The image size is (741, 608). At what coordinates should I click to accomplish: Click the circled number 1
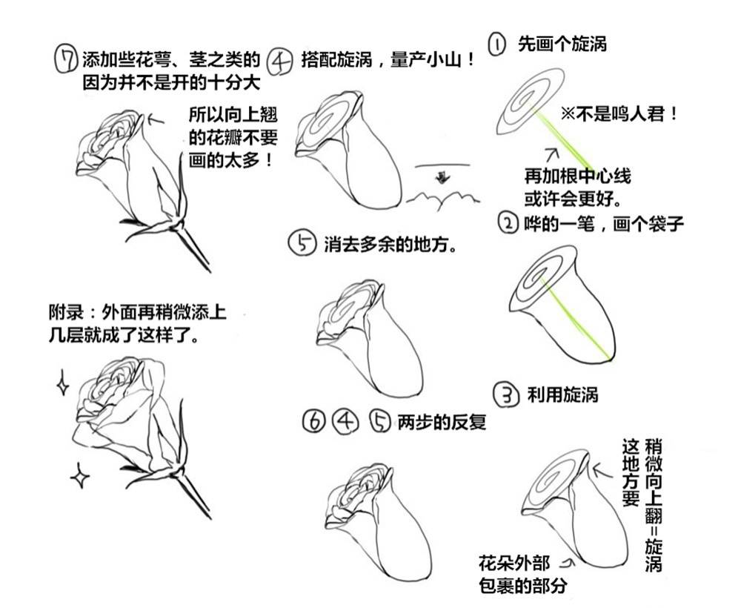(x=496, y=44)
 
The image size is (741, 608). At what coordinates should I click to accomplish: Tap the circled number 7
(x=65, y=59)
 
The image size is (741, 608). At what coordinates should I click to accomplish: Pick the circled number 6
(x=313, y=421)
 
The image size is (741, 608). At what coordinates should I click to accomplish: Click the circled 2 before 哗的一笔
(x=508, y=222)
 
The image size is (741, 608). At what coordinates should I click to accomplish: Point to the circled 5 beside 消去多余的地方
(x=302, y=243)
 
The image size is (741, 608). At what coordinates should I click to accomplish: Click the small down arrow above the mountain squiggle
(x=442, y=177)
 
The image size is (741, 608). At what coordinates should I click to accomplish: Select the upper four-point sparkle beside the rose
(x=62, y=383)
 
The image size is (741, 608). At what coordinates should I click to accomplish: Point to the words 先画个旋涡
(x=562, y=44)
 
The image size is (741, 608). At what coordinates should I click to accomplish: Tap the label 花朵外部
(x=514, y=563)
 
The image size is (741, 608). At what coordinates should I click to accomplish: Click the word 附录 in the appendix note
(x=66, y=312)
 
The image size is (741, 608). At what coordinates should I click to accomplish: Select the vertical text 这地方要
(x=631, y=473)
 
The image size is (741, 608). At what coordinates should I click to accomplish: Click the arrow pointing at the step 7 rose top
(x=156, y=119)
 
